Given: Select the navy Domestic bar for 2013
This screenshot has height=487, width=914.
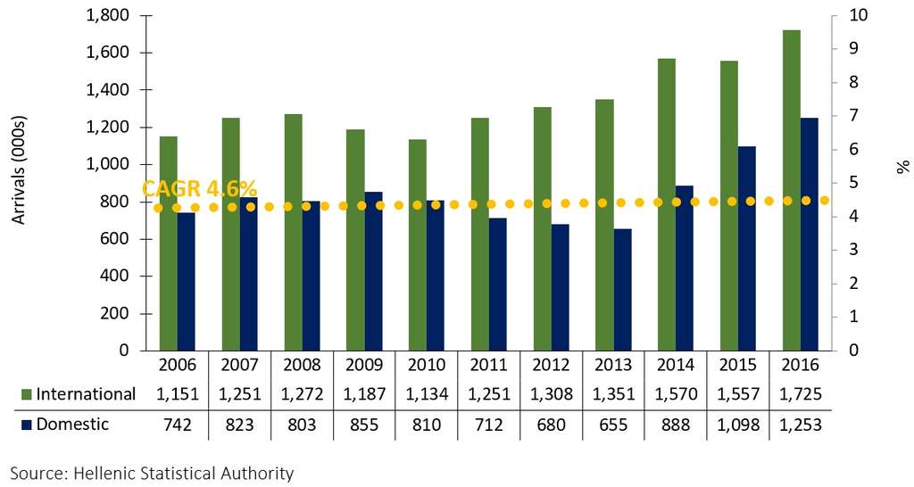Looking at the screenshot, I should (x=622, y=289).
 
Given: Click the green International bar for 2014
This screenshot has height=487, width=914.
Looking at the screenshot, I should (x=666, y=204).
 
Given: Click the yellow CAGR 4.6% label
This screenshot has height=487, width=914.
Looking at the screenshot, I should (x=200, y=189).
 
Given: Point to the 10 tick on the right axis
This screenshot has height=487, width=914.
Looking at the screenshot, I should (x=847, y=15).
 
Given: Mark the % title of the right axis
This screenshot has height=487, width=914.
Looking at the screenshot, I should (x=902, y=166).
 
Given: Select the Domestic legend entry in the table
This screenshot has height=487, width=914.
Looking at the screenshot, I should (x=71, y=425).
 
